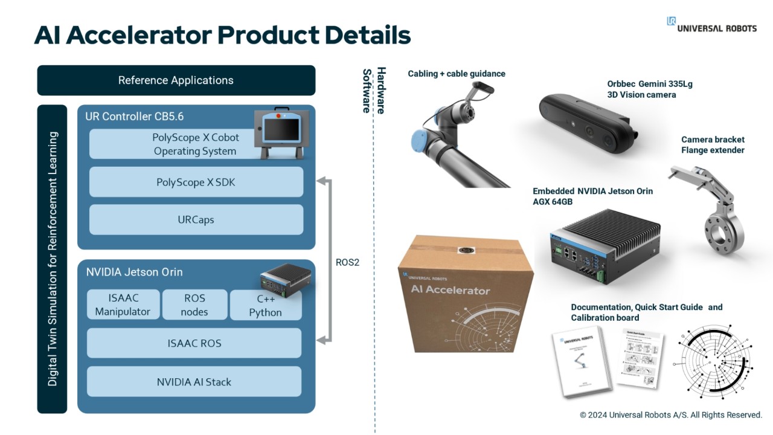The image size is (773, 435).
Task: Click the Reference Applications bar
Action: coord(176,80)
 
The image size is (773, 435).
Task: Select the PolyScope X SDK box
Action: coord(196,182)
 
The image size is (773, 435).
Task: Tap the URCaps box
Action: coord(196,220)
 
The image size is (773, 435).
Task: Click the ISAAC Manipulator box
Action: coord(123,305)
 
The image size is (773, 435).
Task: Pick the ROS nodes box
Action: coord(194,305)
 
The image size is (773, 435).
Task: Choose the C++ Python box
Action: coord(266,305)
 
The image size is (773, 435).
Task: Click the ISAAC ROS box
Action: coord(194,343)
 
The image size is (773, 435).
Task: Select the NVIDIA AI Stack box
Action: coord(194,382)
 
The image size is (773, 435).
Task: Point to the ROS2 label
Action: coord(347,262)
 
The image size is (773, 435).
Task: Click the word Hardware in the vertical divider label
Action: coord(381,91)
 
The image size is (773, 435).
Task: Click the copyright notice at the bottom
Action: coord(670,415)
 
